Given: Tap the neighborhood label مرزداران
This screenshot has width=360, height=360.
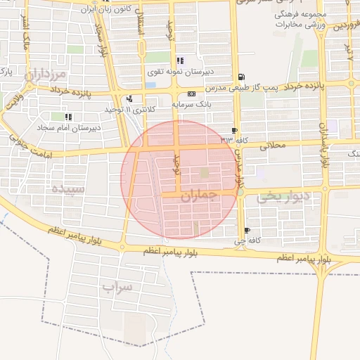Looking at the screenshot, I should (48, 73).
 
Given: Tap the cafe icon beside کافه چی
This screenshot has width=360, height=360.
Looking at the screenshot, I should (246, 231).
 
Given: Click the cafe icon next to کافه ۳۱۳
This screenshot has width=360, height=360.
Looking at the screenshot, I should (233, 131).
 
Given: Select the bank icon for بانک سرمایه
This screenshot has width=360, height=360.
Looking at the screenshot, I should (191, 94).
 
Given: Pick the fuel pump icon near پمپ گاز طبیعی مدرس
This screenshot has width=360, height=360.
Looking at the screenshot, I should (241, 77).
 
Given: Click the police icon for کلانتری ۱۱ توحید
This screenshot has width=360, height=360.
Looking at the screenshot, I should (129, 98).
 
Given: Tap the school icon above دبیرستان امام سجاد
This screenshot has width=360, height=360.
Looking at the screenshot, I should (68, 117).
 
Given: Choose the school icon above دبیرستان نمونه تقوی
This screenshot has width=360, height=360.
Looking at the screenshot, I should (180, 60).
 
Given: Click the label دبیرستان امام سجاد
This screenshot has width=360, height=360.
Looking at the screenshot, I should (69, 127).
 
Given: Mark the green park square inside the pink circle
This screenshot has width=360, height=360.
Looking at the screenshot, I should (204, 172).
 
